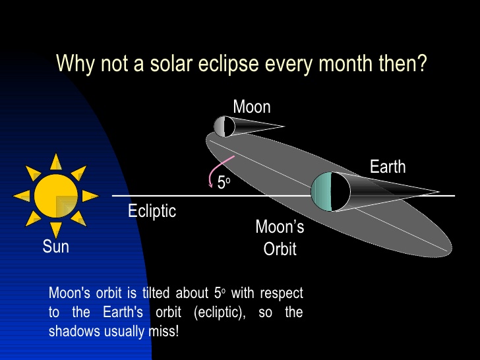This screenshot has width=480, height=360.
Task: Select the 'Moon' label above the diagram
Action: click(x=252, y=107)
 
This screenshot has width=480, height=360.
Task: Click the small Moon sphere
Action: click(x=224, y=126)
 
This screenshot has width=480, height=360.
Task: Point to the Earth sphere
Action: click(x=330, y=191)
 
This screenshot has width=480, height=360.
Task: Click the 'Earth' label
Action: click(x=387, y=167)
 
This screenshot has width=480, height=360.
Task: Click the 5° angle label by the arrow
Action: click(x=224, y=183)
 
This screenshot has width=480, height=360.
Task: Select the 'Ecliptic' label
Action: click(x=152, y=211)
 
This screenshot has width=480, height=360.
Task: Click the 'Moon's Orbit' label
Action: click(x=280, y=238)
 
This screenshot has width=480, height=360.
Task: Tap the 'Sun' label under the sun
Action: click(x=56, y=247)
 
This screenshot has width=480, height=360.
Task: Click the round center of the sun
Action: click(x=56, y=196)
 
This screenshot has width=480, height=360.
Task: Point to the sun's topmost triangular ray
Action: click(x=56, y=162)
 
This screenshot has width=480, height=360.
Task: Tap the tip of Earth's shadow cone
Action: click(x=438, y=193)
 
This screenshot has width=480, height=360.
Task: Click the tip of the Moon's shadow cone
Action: click(x=284, y=127)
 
